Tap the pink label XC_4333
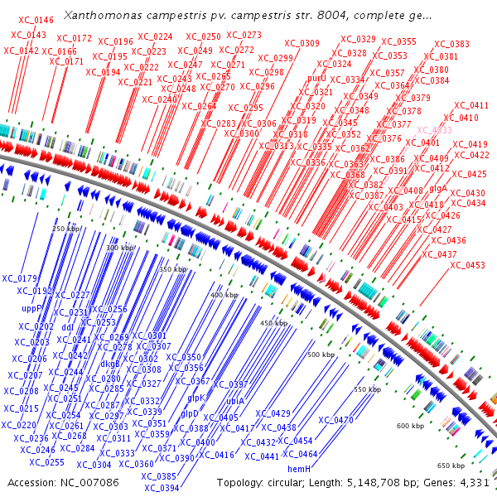click(434, 130)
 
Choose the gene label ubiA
click(236, 399)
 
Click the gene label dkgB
click(111, 363)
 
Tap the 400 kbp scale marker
click(224, 295)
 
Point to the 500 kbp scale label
click(321, 355)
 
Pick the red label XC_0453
click(468, 265)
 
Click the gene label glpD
click(190, 413)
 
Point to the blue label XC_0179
click(21, 278)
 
